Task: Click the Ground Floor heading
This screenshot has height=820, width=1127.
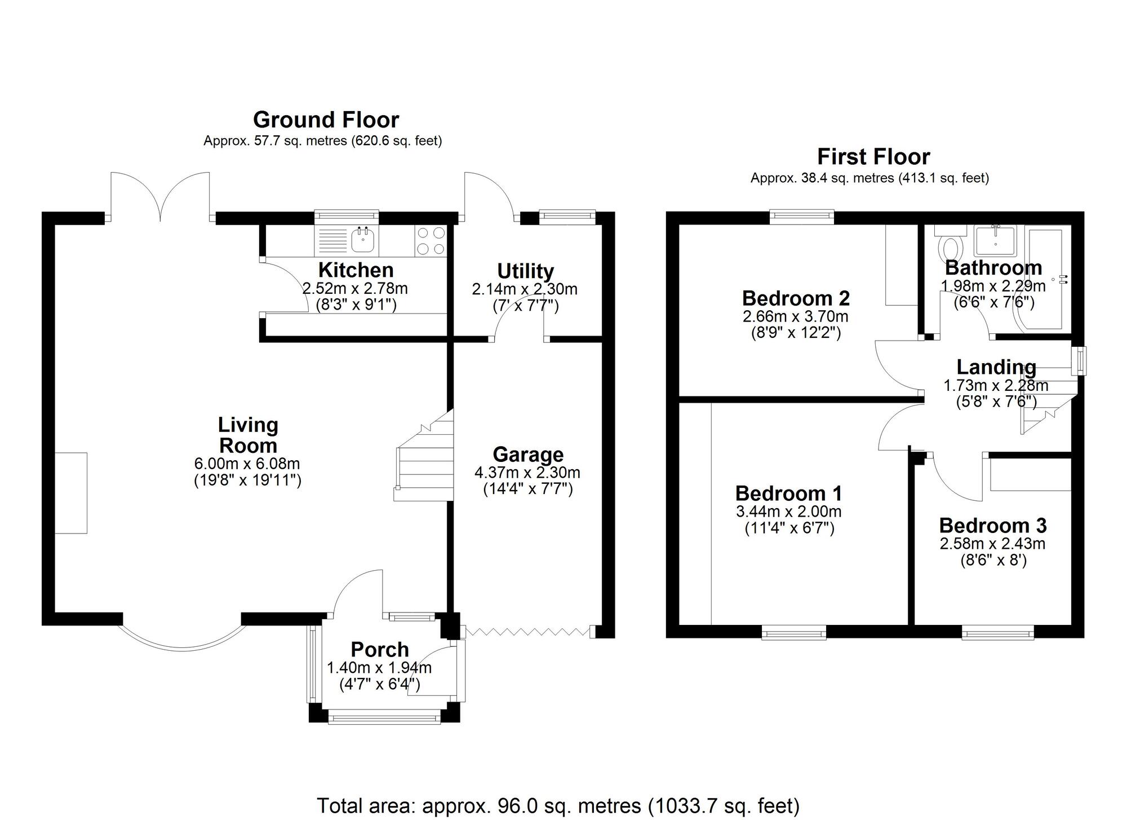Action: pos(326,120)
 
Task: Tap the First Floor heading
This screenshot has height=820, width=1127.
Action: pos(873,157)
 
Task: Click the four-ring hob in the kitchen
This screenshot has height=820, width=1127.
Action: pos(431,241)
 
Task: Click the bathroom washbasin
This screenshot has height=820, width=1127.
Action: pos(996,240)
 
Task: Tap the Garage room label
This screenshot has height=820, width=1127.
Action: pos(528,455)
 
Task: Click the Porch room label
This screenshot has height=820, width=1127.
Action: pos(380,650)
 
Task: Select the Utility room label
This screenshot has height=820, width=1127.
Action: pos(525,271)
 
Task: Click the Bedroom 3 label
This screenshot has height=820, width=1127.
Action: pos(993,526)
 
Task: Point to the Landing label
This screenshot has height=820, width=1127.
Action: pos(996,367)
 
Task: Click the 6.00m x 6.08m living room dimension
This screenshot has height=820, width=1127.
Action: pos(247,464)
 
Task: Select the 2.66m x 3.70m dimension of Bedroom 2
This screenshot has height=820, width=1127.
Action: pos(796,317)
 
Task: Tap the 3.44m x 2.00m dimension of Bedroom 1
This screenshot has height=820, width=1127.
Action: pos(789,512)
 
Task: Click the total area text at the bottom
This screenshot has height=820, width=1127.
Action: pos(558,805)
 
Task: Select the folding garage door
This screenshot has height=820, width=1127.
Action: pos(527,632)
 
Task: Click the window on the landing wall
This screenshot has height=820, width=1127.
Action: pos(1080,361)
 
